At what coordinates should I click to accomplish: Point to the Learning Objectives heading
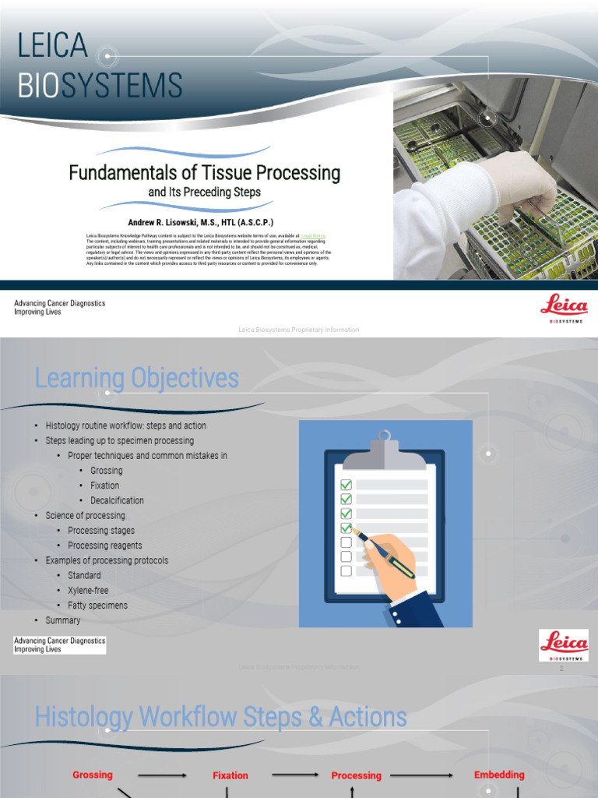136,379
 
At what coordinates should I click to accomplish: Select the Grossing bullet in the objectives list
106,471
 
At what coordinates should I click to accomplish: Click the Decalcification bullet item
117,500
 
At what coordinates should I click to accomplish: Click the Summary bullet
63,620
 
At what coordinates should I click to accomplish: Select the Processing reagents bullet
105,546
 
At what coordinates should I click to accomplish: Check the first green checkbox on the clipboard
346,485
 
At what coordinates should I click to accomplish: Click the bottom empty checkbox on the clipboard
346,571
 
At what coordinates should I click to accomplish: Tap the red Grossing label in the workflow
93,775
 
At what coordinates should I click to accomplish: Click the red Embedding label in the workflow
499,775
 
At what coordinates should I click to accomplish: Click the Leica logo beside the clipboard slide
564,644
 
